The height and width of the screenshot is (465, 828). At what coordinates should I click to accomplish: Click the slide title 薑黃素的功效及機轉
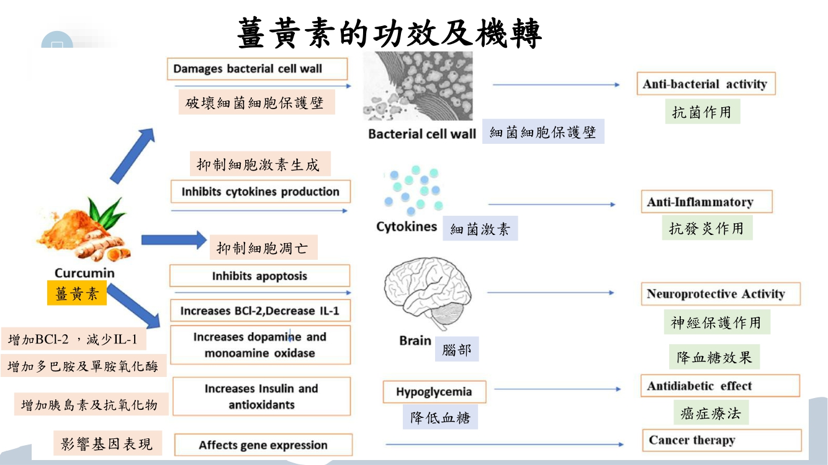390,33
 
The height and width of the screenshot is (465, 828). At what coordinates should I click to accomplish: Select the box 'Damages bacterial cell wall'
257,69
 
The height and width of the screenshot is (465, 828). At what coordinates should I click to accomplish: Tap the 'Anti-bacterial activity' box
706,84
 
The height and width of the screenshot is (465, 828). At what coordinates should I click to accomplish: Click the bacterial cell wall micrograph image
418,86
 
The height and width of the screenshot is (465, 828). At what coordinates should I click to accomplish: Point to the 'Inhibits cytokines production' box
260,192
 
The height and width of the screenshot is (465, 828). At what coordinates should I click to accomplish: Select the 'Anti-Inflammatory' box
706,202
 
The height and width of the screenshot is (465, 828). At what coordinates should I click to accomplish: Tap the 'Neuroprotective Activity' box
720,294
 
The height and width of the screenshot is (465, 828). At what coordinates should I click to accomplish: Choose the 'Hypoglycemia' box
434,392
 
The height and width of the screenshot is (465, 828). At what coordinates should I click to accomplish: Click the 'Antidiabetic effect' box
719,386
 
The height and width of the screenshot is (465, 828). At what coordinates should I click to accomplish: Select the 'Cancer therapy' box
721,440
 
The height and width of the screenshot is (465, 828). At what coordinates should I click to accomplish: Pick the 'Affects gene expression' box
263,445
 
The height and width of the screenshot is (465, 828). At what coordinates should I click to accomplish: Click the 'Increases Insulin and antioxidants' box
261,397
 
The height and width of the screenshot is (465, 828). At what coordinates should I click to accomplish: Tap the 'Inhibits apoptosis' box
259,276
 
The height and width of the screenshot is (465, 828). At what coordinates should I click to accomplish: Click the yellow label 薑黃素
77,293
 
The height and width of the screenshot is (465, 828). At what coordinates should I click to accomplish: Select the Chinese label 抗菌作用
702,112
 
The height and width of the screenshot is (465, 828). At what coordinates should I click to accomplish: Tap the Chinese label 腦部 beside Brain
456,350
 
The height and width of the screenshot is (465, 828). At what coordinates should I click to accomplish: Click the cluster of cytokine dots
413,189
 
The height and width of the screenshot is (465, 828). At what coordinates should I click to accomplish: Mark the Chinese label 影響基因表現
107,444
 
